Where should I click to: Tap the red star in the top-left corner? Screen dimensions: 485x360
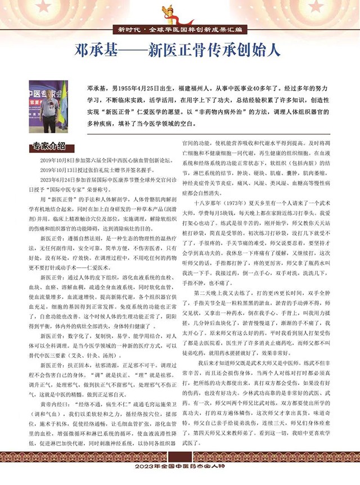[x=8, y=8]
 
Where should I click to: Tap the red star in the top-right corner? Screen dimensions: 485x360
[x=352, y=8]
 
